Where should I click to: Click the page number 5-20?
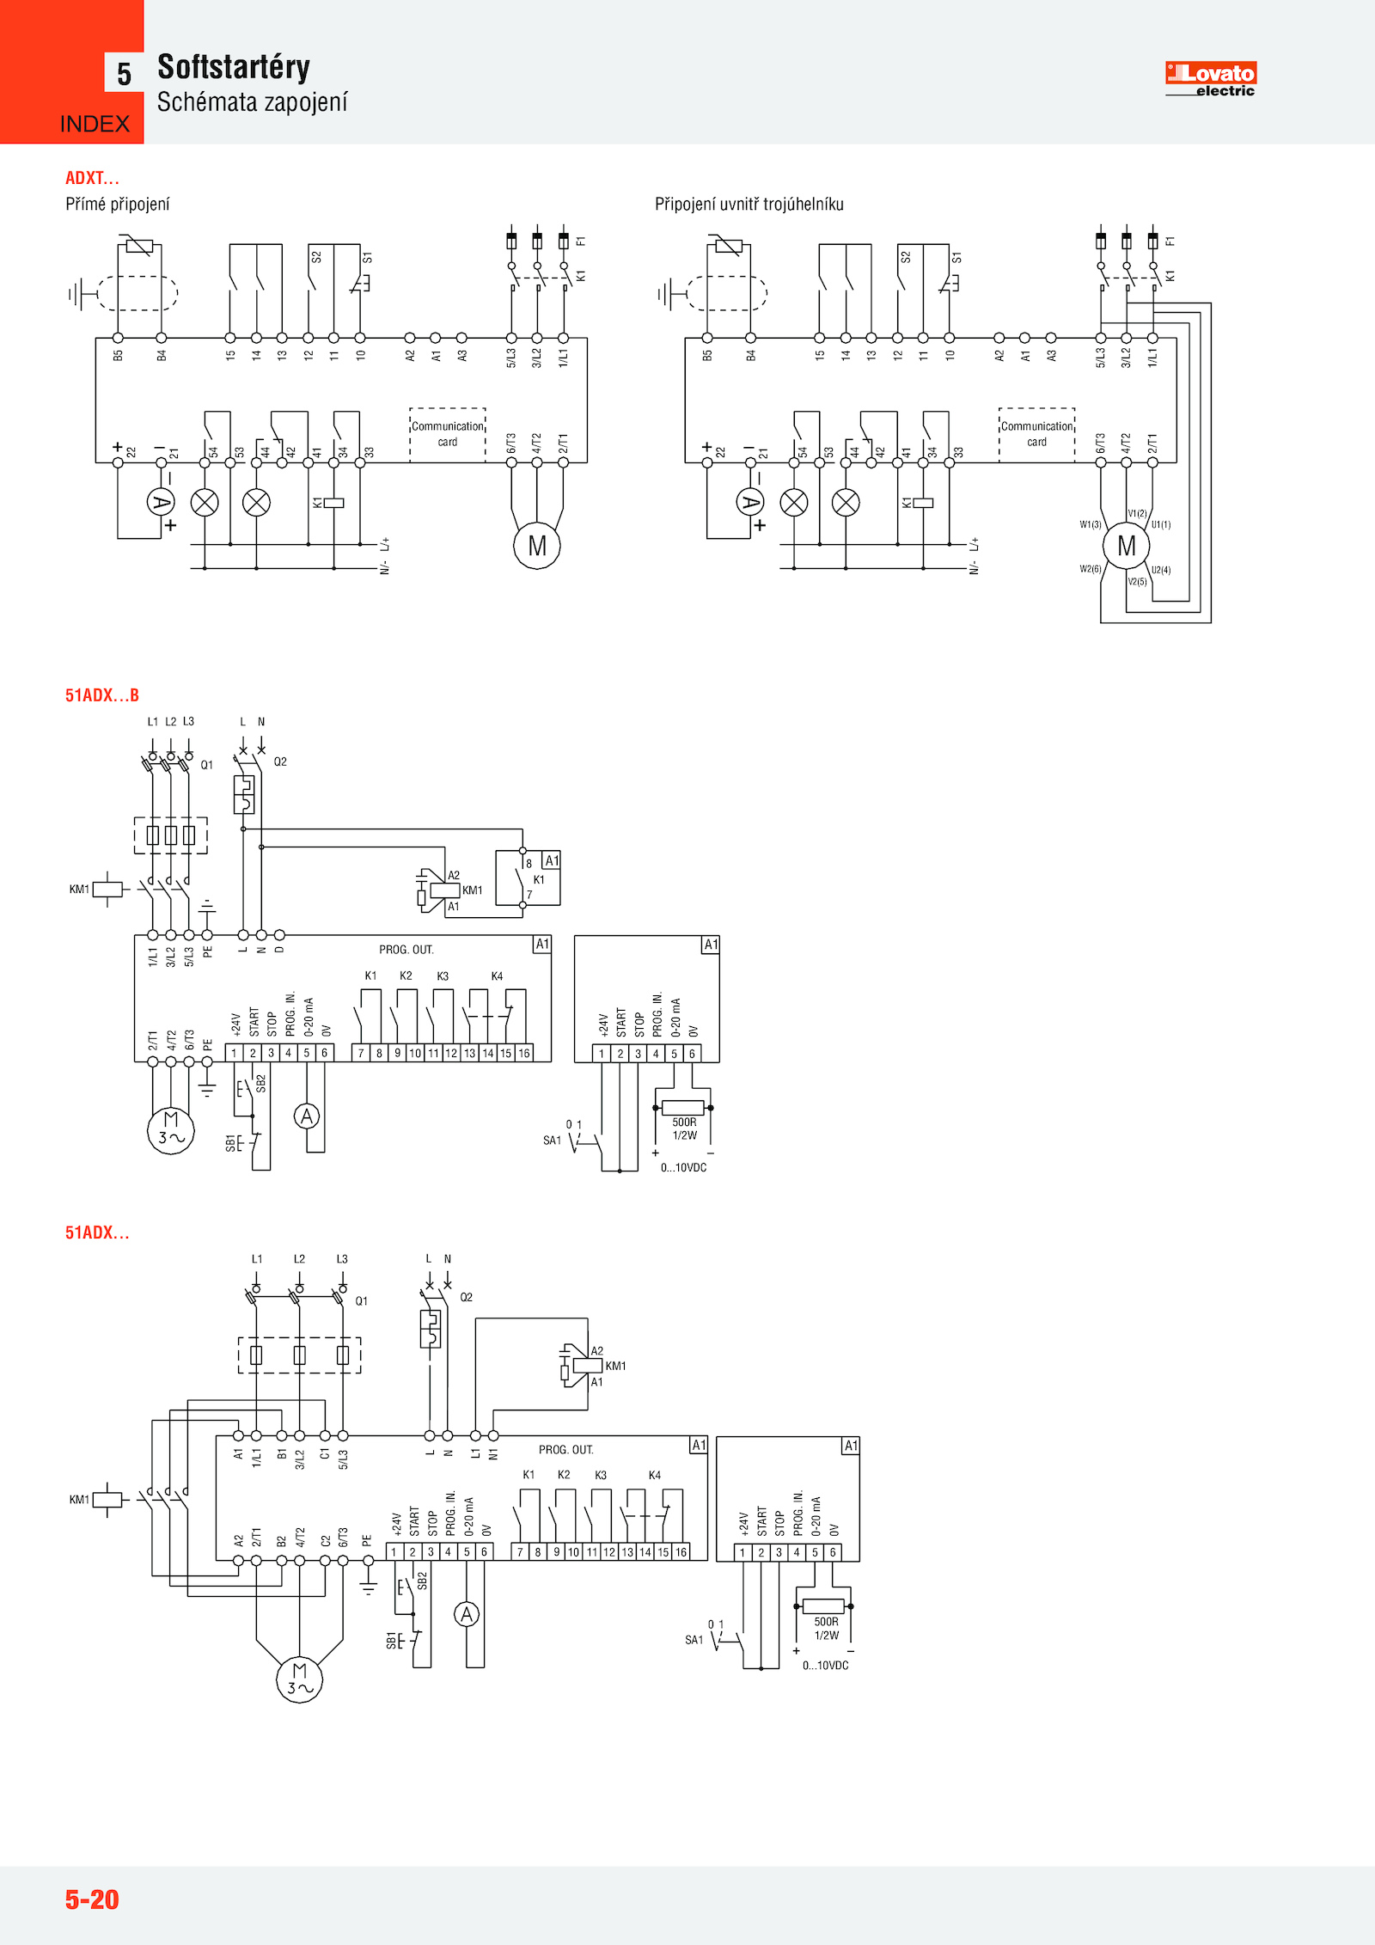[92, 1899]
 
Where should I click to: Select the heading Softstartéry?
[233, 67]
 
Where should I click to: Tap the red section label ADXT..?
[92, 178]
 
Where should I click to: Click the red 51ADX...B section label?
[101, 695]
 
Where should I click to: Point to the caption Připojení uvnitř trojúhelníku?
[749, 205]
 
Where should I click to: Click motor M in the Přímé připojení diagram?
[537, 546]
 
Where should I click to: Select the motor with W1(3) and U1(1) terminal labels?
[1126, 546]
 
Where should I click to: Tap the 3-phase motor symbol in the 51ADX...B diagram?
[171, 1130]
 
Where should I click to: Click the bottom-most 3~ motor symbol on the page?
[299, 1679]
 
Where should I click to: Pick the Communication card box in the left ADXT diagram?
[448, 434]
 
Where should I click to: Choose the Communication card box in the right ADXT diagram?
[1036, 434]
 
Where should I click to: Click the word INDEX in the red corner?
[95, 125]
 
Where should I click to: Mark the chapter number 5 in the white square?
[124, 74]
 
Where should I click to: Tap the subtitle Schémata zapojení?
[252, 102]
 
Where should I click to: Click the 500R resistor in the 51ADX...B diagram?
[683, 1108]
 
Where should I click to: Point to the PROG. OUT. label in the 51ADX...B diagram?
[406, 950]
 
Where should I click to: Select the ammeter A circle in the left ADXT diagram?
[161, 502]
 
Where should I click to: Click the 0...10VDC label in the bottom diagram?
[825, 1666]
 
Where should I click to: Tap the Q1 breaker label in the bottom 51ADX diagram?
[362, 1301]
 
